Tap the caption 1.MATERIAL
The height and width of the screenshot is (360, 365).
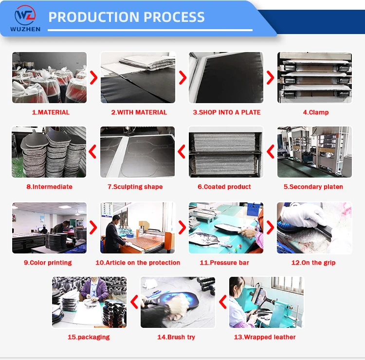pos(51,112)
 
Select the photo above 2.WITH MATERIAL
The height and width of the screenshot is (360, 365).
pos(138,78)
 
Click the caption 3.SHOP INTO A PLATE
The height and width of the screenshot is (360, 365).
pos(227,112)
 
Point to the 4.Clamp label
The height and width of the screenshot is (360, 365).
pos(316,112)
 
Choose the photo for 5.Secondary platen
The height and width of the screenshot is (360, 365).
pos(314,152)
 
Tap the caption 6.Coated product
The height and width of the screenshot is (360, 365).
pos(224,187)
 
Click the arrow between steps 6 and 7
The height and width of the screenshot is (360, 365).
pos(182,152)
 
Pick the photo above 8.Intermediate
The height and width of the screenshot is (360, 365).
pos(49,152)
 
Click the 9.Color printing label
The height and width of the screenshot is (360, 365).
pos(48,263)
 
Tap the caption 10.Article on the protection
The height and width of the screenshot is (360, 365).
pos(138,263)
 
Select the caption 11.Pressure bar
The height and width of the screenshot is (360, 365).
pos(224,263)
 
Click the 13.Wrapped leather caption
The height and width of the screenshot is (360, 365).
pos(265,337)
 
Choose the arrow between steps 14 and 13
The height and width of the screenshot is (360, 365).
pos(222,302)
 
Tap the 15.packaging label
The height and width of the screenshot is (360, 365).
pos(89,337)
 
